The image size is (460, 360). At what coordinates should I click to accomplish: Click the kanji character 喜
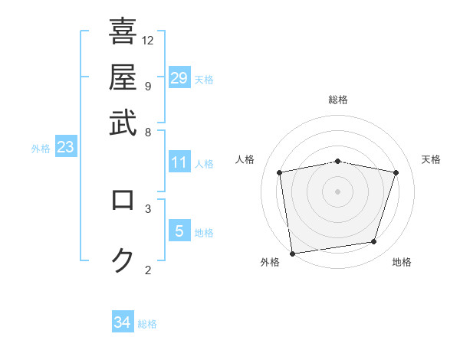(x=123, y=32)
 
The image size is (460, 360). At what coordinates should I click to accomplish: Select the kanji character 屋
(x=123, y=77)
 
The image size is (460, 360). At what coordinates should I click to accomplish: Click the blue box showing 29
(x=179, y=78)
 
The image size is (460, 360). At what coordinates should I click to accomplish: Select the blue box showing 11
(x=179, y=162)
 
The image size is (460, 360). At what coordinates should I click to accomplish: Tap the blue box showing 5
(x=179, y=231)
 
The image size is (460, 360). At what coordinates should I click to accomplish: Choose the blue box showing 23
(x=65, y=147)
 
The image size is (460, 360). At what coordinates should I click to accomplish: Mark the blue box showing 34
(x=123, y=322)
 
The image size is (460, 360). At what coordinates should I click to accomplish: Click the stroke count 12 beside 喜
(x=148, y=40)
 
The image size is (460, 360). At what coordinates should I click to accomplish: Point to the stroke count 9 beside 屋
(x=147, y=86)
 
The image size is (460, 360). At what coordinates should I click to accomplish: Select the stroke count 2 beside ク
(x=147, y=270)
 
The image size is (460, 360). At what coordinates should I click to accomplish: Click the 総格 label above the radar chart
(x=338, y=100)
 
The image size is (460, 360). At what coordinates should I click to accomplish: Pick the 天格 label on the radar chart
(x=432, y=159)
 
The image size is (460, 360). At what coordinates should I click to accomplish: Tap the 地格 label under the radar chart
(x=402, y=262)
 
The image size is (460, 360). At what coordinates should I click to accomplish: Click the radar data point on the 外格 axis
(x=292, y=253)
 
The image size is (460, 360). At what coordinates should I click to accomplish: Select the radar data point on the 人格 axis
(x=280, y=172)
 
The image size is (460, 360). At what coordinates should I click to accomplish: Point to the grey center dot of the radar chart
(x=338, y=191)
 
